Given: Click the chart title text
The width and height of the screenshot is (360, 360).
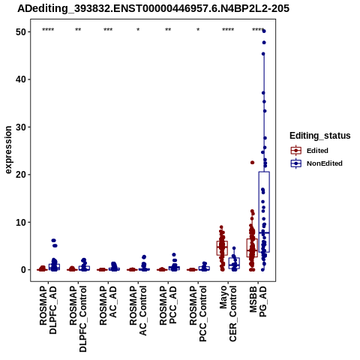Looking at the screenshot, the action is coord(153,9).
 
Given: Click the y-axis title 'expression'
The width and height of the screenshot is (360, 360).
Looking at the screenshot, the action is coord(8,149).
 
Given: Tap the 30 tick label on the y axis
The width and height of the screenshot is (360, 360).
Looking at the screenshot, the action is coord(22,127).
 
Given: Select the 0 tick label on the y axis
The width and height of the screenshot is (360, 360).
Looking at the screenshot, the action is coord(24,270).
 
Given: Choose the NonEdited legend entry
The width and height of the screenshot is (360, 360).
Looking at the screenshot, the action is coord(316,163).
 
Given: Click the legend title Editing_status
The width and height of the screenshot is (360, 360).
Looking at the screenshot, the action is coord(320,136).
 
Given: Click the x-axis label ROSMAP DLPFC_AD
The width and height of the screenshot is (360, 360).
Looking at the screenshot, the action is coord(48,310).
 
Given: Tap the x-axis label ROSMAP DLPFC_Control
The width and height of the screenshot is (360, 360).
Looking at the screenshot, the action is coord(78,319).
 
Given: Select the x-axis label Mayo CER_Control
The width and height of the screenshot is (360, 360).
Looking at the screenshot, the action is coord(228,314).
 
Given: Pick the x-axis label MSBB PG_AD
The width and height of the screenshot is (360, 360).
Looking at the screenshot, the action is coord(258,301).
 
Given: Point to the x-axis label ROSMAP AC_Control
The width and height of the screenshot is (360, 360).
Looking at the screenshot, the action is coord(138,310).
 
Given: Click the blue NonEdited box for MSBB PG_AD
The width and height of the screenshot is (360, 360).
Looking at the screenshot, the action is coord(264,211).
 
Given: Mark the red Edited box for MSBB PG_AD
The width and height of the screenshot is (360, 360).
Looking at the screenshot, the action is coord(252,247).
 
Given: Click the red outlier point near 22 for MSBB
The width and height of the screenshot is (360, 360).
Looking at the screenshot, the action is coord(252,163).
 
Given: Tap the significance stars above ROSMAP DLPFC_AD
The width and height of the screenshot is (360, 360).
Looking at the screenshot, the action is coord(48,30).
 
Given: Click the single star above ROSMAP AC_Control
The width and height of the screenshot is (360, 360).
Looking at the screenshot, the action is coord(138,30).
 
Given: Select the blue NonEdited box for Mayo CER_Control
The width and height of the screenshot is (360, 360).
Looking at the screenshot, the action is coord(234,263).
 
